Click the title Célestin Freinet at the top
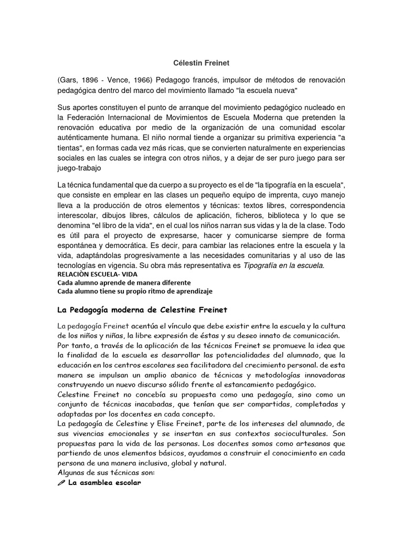click(x=201, y=63)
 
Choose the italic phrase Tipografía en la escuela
click(x=284, y=266)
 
